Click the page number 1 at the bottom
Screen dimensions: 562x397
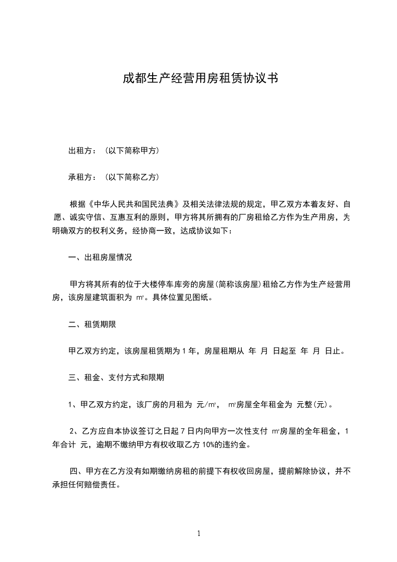[199, 533]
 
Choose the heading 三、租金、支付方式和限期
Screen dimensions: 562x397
[116, 378]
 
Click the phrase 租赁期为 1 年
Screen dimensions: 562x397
[174, 351]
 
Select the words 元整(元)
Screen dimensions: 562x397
[313, 405]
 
